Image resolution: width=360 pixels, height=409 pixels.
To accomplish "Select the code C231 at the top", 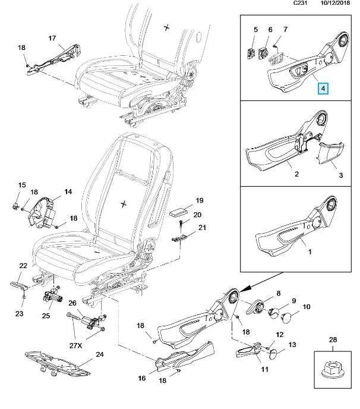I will [301, 4].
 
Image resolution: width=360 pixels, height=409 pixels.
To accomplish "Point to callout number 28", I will [332, 339].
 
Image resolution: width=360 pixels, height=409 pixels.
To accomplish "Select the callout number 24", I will [99, 355].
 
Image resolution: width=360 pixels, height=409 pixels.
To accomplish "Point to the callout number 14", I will [68, 191].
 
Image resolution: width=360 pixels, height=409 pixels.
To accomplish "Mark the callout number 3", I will [342, 175].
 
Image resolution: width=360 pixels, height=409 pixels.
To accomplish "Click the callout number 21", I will [202, 228].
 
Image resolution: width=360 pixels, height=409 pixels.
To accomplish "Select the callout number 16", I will [141, 377].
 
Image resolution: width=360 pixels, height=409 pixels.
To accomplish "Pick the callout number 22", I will [23, 266].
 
